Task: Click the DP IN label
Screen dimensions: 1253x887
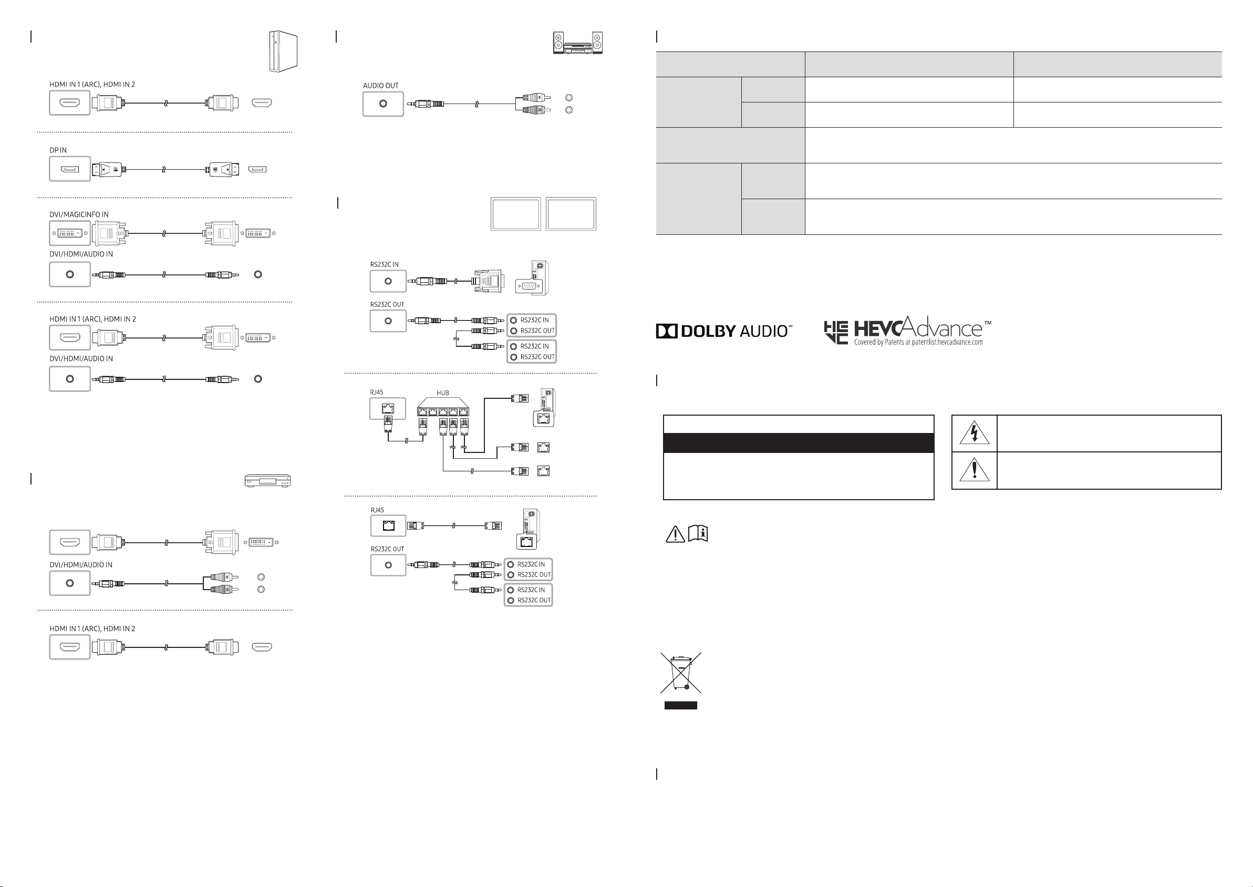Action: [58, 150]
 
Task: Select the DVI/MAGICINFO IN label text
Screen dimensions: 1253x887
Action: [79, 214]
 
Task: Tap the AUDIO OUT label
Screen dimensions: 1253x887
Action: [380, 86]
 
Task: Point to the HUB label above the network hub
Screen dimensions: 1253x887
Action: [443, 393]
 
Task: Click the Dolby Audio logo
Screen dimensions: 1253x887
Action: [724, 331]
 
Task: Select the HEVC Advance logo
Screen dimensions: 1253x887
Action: [907, 331]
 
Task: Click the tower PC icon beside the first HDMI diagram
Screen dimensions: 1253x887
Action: [283, 51]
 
